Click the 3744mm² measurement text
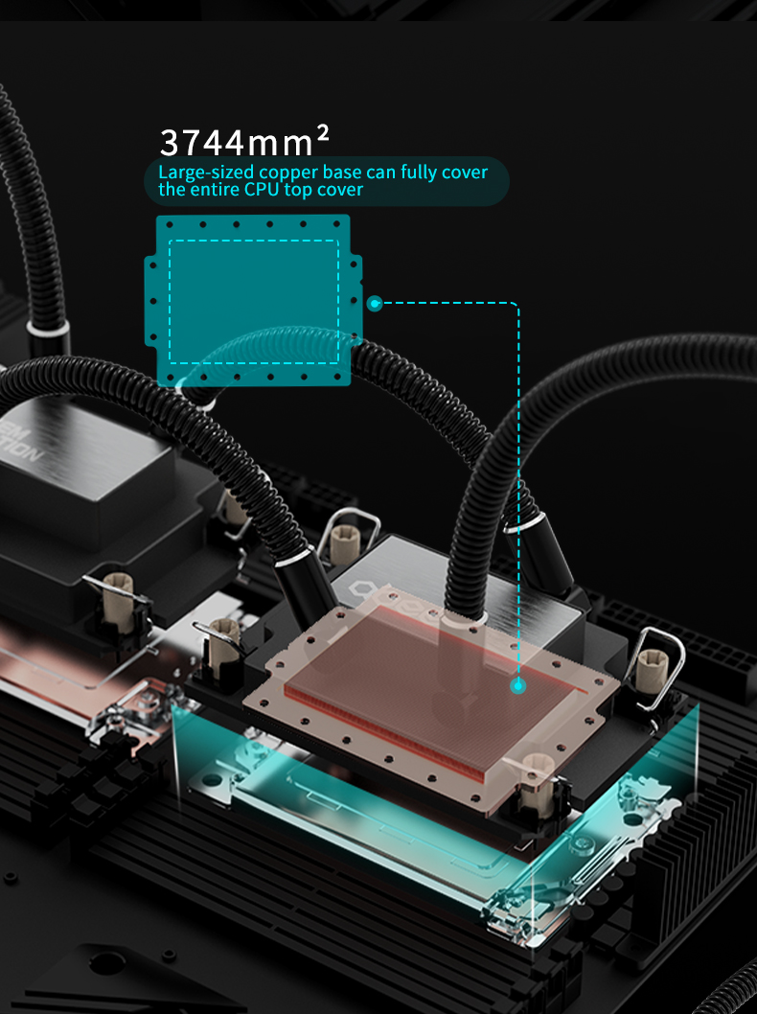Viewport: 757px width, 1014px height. (244, 141)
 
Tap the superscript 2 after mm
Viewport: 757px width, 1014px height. (323, 134)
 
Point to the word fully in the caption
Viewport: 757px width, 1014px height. (421, 173)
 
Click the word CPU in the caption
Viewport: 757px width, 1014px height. (262, 190)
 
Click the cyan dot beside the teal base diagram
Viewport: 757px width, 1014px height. (375, 303)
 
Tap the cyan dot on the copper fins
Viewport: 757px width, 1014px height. (517, 686)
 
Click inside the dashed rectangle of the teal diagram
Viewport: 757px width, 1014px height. (253, 301)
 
